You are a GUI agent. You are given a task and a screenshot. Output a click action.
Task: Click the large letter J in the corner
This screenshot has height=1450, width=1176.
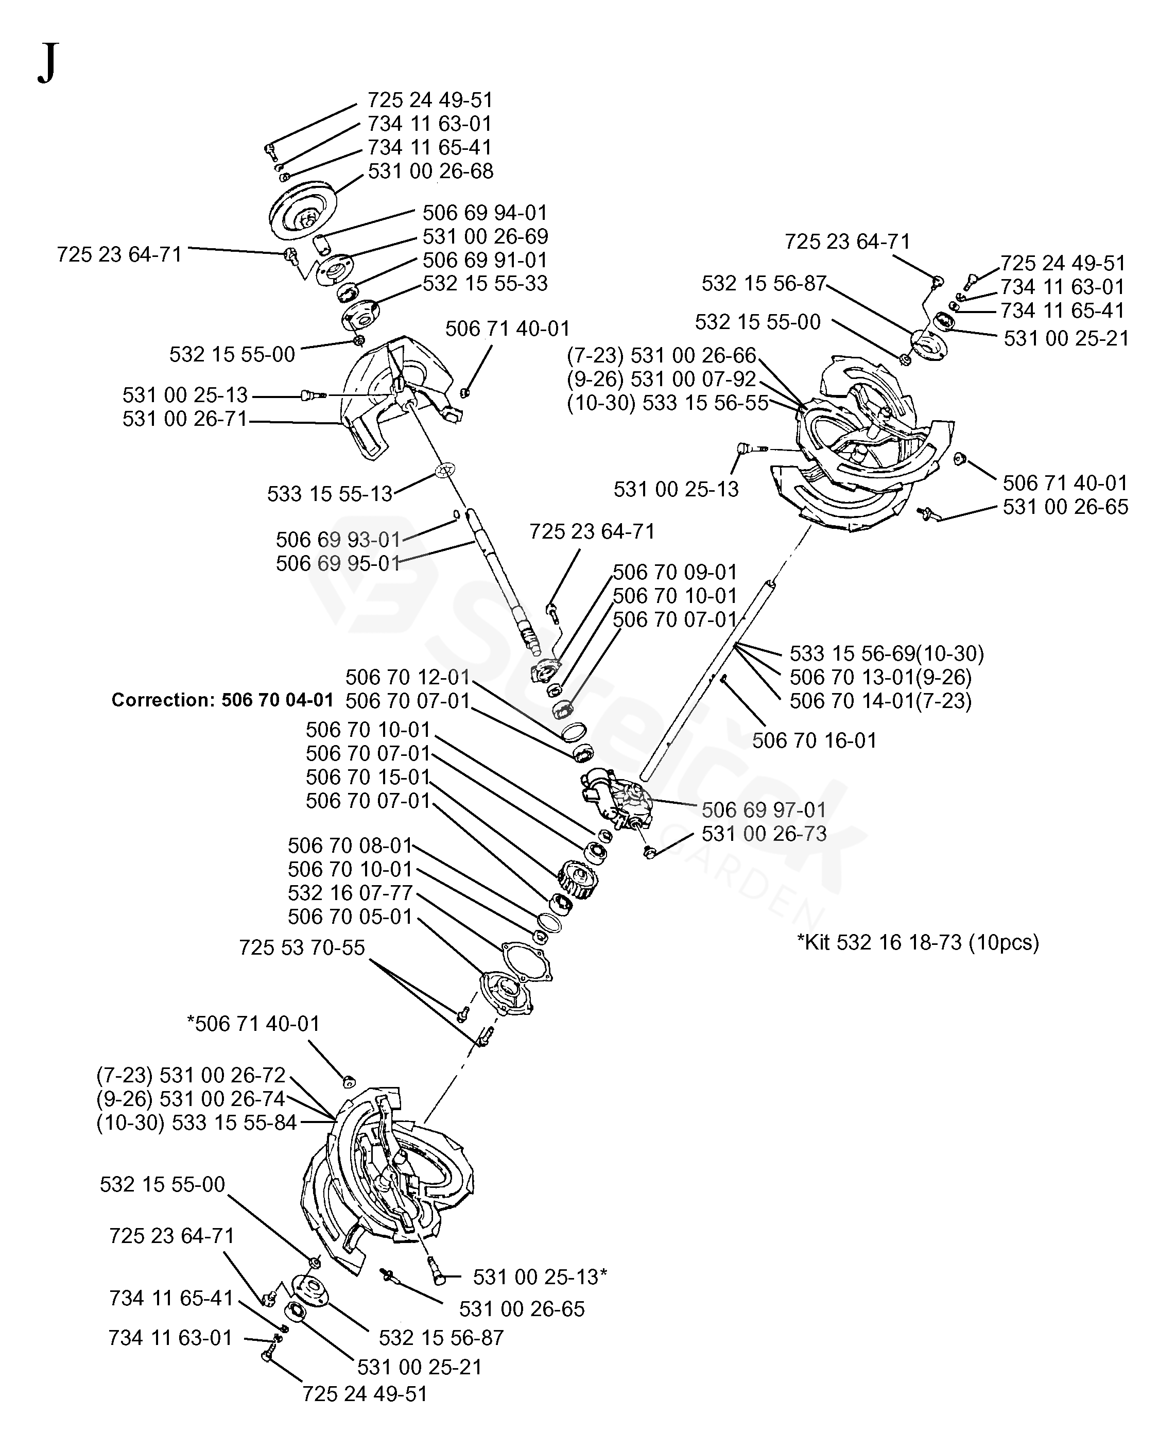[47, 62]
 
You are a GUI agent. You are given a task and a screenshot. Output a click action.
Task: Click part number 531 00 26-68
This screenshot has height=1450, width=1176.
[431, 171]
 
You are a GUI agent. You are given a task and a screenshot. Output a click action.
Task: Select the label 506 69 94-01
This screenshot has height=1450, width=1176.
[485, 213]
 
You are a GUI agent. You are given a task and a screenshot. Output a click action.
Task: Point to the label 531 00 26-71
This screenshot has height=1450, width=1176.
[185, 419]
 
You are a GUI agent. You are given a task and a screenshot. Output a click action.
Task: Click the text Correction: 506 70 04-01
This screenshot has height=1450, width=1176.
[222, 699]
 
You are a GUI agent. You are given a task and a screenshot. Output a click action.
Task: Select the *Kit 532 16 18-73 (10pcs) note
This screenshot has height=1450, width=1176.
[918, 942]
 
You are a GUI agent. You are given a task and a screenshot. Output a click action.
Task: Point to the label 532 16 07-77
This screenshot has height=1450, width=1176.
[350, 892]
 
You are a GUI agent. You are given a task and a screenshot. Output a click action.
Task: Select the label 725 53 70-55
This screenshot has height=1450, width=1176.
[302, 947]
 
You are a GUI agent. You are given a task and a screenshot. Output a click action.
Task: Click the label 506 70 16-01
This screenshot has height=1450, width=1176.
[814, 740]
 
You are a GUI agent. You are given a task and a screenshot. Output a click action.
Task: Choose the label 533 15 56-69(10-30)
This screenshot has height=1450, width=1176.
[887, 653]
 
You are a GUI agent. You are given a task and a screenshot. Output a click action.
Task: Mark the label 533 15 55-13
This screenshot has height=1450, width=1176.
[330, 493]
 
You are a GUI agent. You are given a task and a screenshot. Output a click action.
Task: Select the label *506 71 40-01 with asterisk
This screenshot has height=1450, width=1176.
[253, 1023]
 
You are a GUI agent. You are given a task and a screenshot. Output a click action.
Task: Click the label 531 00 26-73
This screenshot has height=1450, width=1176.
[764, 834]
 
